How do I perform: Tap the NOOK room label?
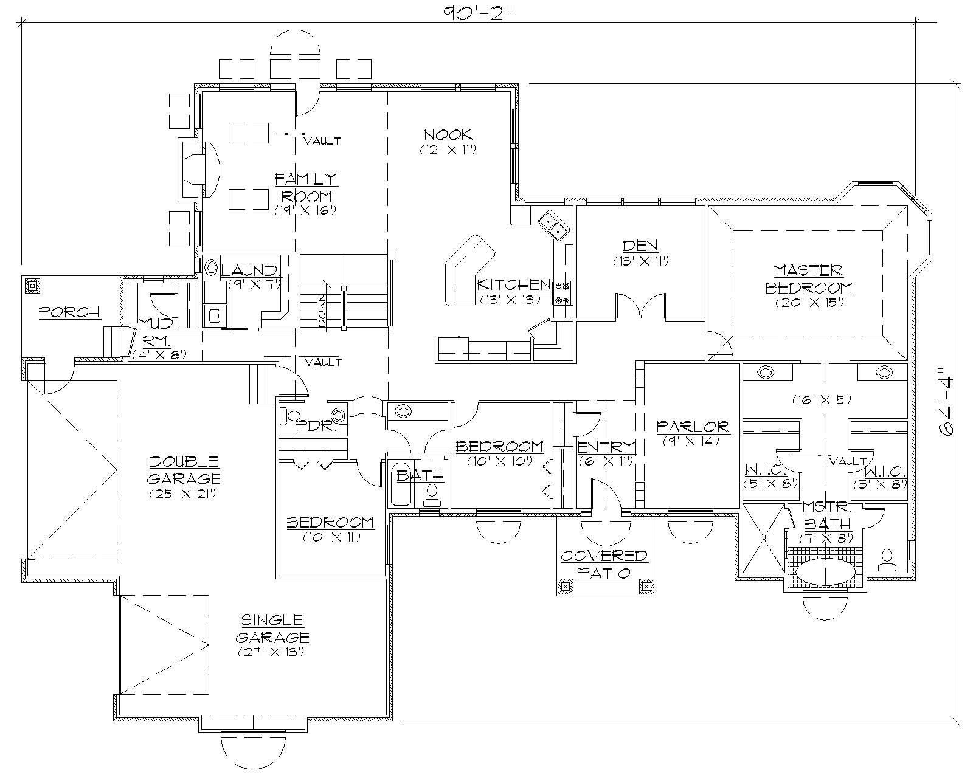point(448,135)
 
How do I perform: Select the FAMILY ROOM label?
point(305,187)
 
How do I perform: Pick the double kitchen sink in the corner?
point(553,224)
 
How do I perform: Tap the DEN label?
point(640,246)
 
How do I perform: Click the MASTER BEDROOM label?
point(808,278)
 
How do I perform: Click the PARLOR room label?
point(692,427)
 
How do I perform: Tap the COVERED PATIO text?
point(604,563)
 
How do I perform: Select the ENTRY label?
point(606,448)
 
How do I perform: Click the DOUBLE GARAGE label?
point(184,470)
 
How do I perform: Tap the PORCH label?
point(69,312)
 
